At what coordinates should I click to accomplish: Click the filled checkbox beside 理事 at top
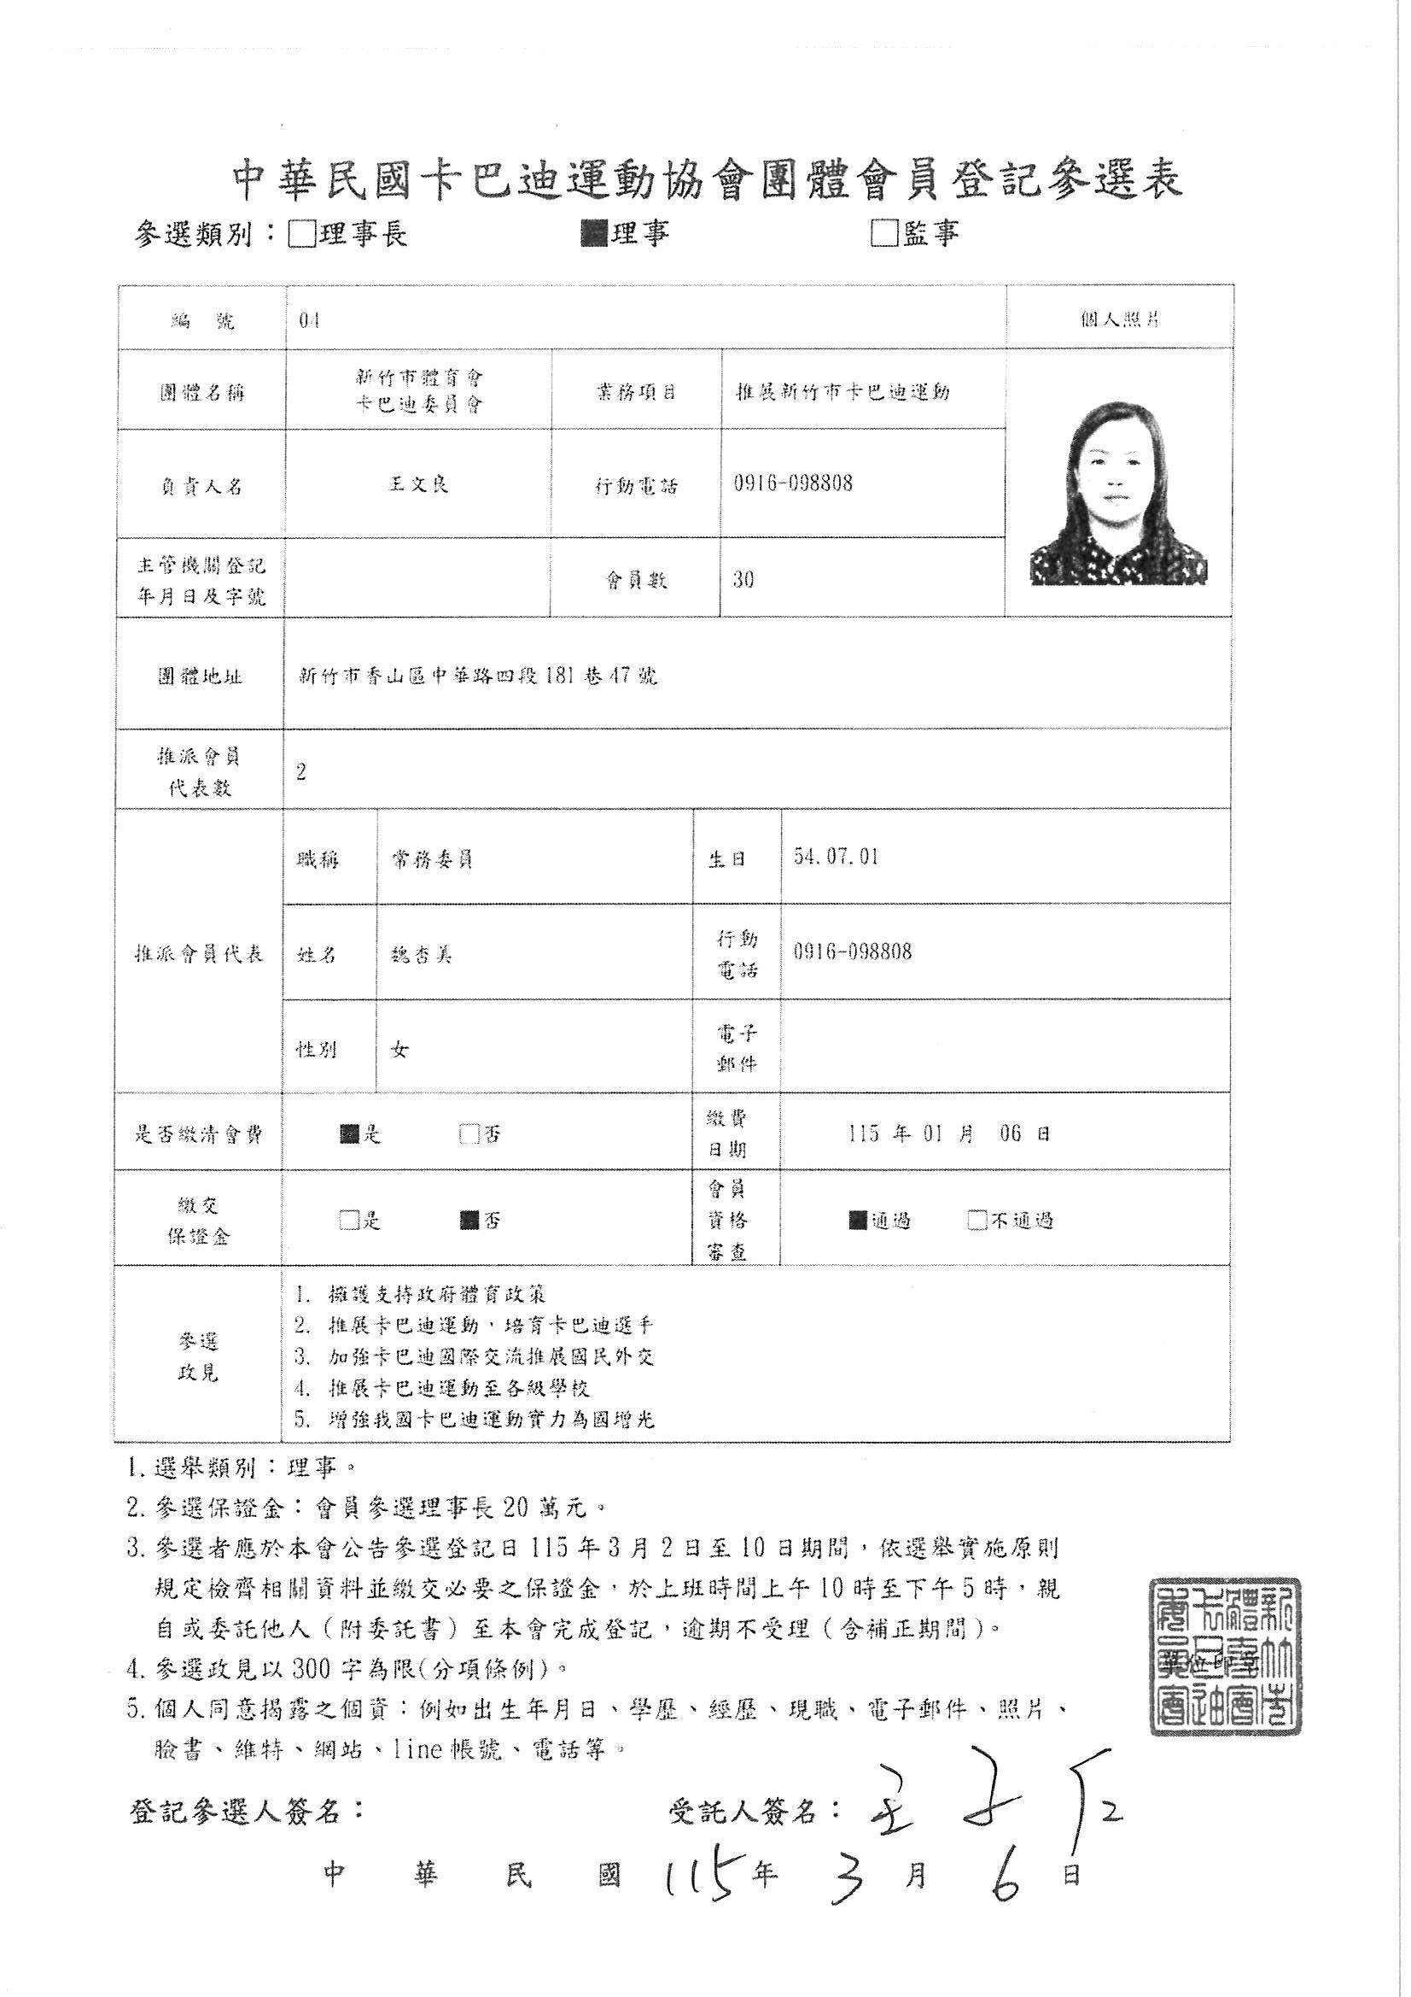(595, 233)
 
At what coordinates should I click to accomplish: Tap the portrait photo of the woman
(1119, 493)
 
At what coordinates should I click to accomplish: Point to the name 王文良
(418, 484)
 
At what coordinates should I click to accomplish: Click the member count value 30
(743, 579)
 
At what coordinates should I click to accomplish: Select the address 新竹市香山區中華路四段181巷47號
(476, 675)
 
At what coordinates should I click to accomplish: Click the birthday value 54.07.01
(836, 857)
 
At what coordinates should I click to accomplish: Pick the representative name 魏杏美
(423, 954)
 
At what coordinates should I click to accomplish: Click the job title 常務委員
(432, 859)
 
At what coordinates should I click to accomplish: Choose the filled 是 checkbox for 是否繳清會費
(350, 1134)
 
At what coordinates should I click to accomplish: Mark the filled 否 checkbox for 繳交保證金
(470, 1221)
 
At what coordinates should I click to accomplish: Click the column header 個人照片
(1119, 319)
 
